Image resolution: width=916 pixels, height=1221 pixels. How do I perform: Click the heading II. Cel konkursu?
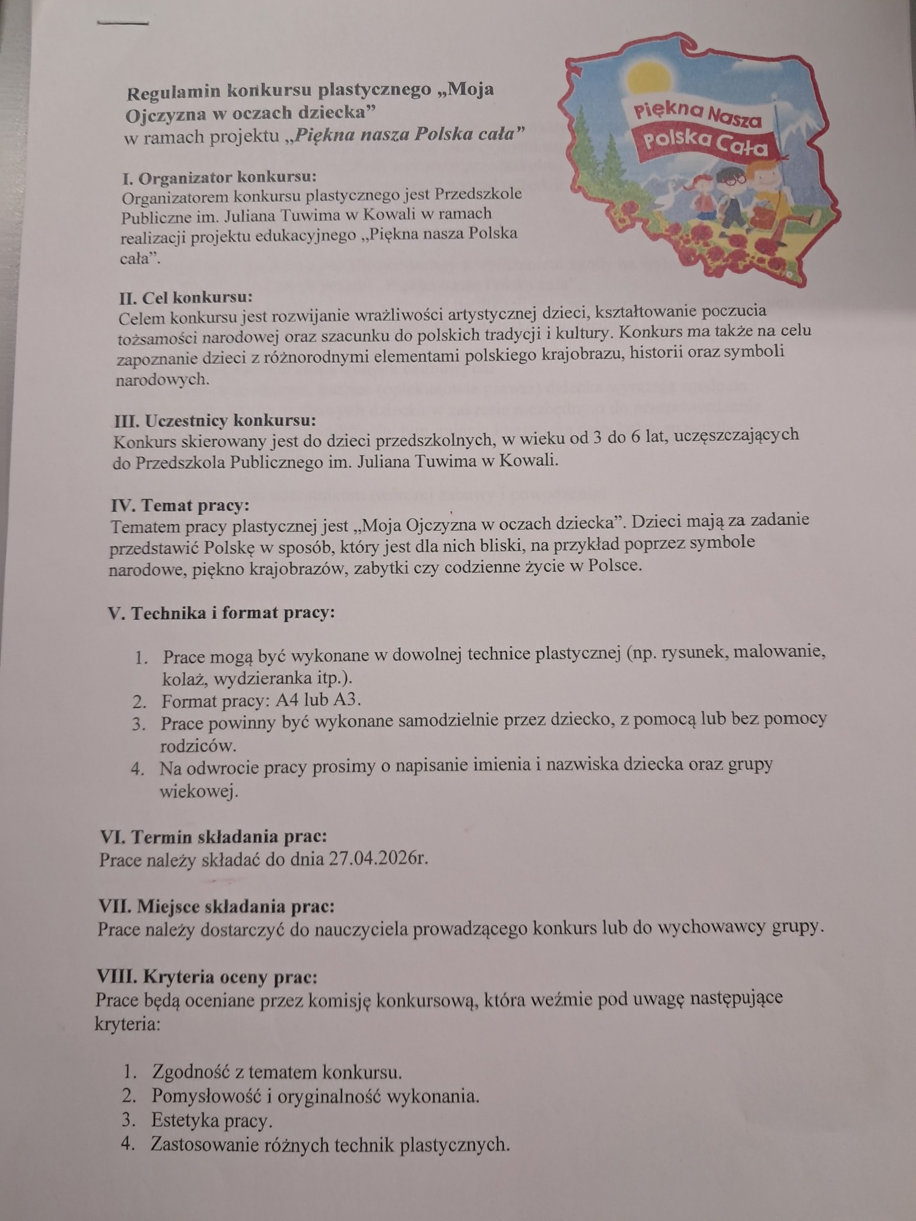tap(186, 298)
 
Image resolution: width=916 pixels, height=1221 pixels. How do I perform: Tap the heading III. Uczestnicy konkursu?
tap(215, 421)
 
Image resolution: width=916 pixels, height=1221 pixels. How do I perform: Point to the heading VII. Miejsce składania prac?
tap(217, 906)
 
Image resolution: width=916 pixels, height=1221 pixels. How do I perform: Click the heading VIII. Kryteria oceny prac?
tap(207, 977)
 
